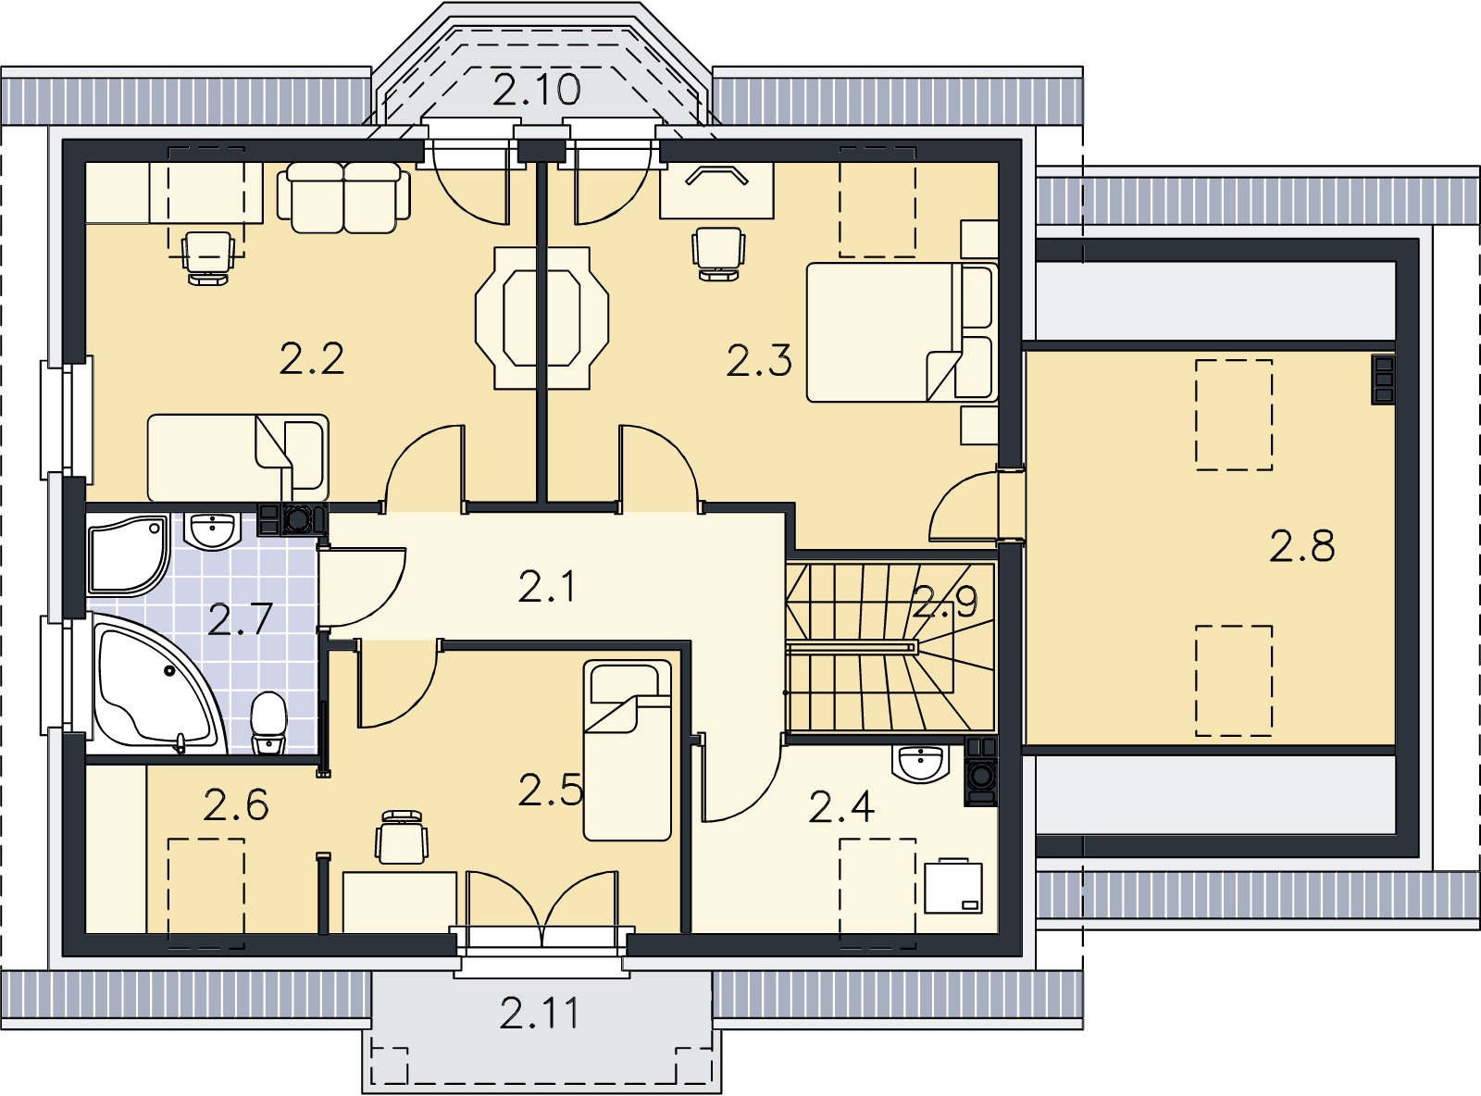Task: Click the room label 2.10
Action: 536,90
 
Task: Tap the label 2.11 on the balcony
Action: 540,1013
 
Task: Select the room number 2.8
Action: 1301,545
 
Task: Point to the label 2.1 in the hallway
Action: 546,588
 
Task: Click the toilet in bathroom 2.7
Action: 268,723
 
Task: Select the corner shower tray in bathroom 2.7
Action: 128,554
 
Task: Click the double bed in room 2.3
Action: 902,332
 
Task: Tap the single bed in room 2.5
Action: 627,750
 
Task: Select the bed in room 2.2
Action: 238,457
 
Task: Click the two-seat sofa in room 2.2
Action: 344,198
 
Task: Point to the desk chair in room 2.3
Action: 718,254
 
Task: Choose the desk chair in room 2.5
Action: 402,838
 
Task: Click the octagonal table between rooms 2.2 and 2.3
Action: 541,318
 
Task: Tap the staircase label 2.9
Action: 945,602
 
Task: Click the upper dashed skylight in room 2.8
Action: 1233,415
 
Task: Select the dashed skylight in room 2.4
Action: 877,894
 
